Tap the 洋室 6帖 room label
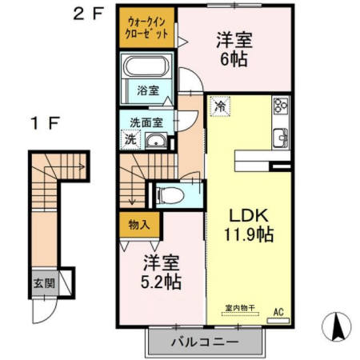tap(234, 48)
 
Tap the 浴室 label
tap(146, 90)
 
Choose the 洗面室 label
tap(146, 122)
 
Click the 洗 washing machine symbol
tap(130, 139)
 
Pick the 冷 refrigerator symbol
tap(218, 104)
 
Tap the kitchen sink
tap(281, 137)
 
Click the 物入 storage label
tap(139, 224)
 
